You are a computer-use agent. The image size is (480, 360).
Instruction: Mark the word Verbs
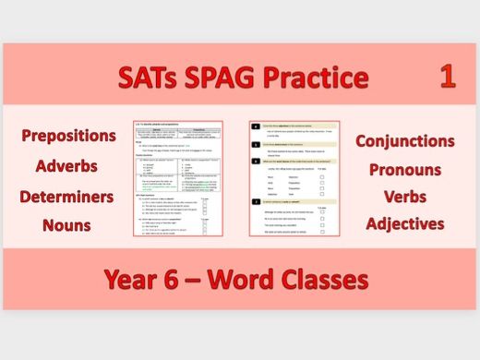click(405, 197)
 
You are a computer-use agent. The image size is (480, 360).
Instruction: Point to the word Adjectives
click(405, 223)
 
